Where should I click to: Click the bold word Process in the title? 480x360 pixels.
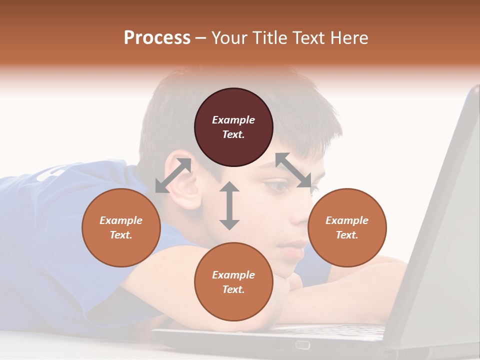pos(157,38)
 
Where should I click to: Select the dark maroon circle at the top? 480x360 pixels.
pos(233,127)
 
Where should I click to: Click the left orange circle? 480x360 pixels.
pos(121,227)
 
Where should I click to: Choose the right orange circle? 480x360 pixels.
pos(347,227)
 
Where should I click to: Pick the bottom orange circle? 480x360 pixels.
pos(233,281)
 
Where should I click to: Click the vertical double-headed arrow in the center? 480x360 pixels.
pos(229,205)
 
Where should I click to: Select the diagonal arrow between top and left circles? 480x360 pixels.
pos(173,175)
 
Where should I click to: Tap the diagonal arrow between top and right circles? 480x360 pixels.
pos(293,170)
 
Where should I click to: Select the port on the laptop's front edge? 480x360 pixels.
pos(302,344)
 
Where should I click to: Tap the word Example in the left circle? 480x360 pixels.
pos(121,220)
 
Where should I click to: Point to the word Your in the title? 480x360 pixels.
pos(229,38)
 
